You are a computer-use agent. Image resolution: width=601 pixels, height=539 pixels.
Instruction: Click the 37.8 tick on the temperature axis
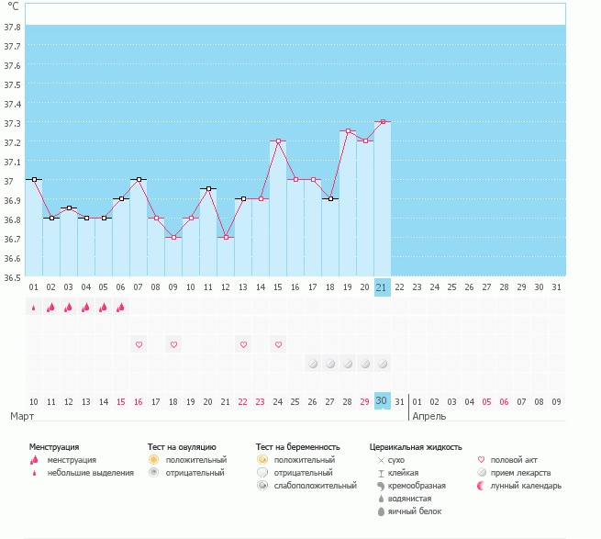[x=12, y=27]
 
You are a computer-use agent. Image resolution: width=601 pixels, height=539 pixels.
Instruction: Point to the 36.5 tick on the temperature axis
[x=12, y=276]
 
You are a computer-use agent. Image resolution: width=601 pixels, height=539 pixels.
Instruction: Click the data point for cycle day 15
[x=278, y=140]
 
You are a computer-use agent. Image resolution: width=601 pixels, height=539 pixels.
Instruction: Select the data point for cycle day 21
[x=383, y=121]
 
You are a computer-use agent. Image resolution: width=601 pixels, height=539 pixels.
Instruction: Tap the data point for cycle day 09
[x=173, y=237]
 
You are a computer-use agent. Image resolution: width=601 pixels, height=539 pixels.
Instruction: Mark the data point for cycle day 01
[x=34, y=179]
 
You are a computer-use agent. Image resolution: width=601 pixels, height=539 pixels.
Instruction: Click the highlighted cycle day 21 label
[x=383, y=287]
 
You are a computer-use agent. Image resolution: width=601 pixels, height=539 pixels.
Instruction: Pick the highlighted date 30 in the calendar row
[x=383, y=401]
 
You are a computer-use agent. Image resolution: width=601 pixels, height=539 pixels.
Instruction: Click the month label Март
[x=23, y=416]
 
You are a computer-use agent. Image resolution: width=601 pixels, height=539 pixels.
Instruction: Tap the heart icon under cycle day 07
[x=139, y=344]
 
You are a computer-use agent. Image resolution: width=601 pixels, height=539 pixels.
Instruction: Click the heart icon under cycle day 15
[x=278, y=344]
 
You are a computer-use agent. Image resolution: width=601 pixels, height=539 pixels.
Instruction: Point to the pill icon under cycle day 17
[x=313, y=364]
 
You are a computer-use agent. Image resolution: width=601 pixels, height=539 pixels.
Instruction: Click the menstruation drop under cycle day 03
[x=69, y=308]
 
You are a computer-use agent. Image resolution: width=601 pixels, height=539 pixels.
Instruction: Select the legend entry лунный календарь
[x=526, y=486]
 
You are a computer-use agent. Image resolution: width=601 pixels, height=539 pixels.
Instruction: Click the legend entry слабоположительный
[x=315, y=486]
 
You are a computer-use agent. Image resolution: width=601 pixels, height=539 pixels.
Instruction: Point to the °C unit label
[x=13, y=7]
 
